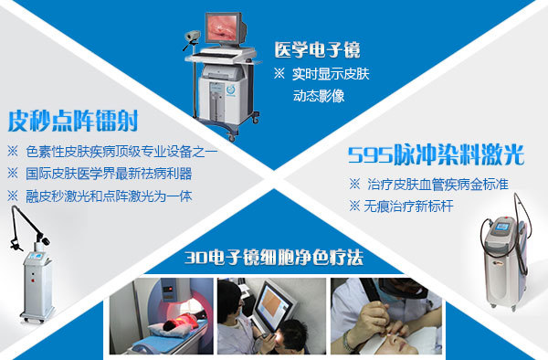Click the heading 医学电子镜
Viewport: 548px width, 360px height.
coord(317,49)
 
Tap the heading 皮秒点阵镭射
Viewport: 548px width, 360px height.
coord(73,121)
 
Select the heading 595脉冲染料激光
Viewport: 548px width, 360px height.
coord(436,154)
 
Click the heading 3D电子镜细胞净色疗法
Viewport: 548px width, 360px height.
coord(274,258)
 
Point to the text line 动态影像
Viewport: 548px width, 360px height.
coord(319,96)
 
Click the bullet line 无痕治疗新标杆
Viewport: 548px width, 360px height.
coord(401,206)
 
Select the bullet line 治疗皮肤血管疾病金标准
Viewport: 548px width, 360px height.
coord(428,185)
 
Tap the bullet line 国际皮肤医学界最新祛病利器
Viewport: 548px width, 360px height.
coord(100,174)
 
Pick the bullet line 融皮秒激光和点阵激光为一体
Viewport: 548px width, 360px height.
coord(100,196)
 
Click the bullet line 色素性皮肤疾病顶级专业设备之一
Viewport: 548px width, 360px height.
coord(112,152)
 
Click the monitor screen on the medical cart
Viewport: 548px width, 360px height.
coord(223,27)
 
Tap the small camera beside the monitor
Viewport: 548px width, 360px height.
coord(193,36)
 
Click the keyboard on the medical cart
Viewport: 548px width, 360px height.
coord(214,56)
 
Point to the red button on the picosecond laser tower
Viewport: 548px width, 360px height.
coord(33,281)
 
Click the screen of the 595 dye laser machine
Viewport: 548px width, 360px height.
coord(501,227)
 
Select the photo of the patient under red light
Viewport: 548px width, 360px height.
coord(161,316)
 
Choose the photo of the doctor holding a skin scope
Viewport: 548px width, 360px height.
coord(271,316)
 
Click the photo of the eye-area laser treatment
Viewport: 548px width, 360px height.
coord(386,316)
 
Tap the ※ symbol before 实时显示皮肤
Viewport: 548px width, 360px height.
coord(279,73)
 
